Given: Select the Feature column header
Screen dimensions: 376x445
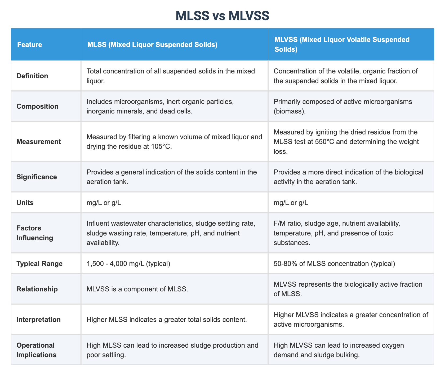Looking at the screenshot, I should point(30,45).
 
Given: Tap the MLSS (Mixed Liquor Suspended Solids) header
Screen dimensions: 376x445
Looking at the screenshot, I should point(152,45).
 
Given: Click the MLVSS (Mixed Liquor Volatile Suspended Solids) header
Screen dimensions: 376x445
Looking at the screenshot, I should point(342,45).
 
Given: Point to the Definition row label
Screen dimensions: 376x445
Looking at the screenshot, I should point(32,76).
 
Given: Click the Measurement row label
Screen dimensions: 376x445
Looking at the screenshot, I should point(39,142).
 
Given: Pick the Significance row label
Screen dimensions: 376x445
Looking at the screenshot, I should point(37,177).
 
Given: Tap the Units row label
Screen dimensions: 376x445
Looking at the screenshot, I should point(25,203).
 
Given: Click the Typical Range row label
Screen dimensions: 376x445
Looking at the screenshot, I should point(39,264).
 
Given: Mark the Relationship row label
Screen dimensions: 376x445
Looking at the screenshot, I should point(37,289).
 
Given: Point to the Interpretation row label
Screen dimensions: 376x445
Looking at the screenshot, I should point(39,320).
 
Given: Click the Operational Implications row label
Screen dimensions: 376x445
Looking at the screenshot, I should point(37,350).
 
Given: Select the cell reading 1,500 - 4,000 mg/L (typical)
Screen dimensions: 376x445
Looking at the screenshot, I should point(128,264).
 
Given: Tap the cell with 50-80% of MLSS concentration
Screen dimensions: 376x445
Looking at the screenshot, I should point(334,264).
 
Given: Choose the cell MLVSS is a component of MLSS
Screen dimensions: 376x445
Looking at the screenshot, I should point(137,289).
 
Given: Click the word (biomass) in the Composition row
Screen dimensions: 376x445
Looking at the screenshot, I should point(290,111).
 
